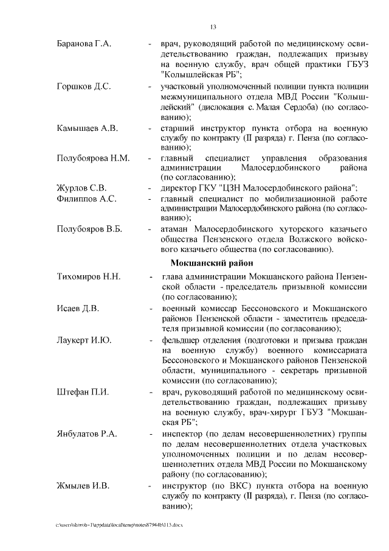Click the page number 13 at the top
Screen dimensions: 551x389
click(x=213, y=27)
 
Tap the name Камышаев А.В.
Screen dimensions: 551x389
click(x=87, y=128)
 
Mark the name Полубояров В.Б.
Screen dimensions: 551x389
click(x=89, y=229)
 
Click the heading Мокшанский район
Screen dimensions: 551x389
click(x=211, y=263)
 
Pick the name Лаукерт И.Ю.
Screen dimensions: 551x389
click(x=84, y=339)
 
